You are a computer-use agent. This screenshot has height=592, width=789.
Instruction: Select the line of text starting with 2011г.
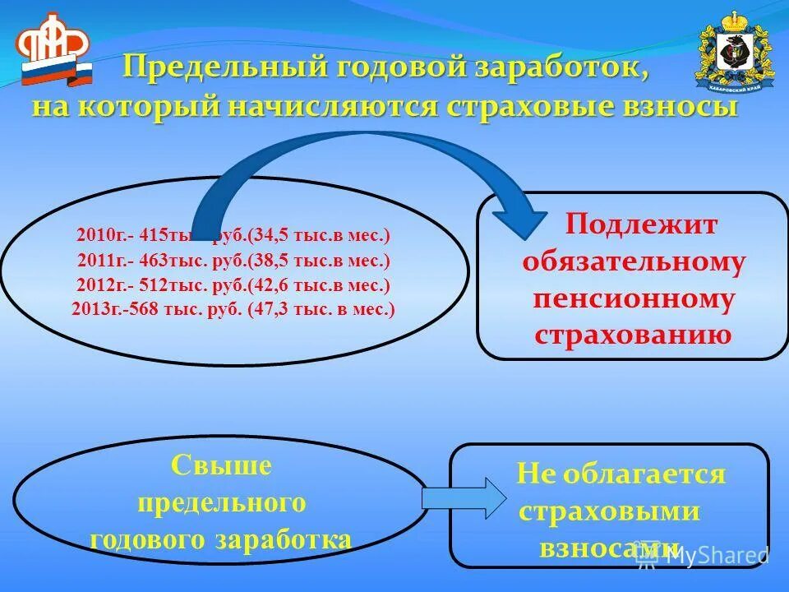[233, 261]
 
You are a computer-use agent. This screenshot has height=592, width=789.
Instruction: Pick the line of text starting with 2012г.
[233, 285]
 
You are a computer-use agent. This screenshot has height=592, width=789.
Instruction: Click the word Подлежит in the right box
[641, 225]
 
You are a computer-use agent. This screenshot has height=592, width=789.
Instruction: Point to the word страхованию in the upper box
[633, 335]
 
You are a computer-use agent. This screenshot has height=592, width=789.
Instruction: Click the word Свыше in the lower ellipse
[221, 466]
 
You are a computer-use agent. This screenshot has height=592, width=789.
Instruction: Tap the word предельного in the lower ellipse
[221, 502]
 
